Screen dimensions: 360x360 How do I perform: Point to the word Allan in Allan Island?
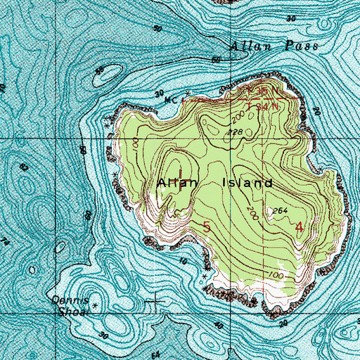coord(173,183)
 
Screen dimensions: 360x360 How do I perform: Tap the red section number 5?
coord(206,226)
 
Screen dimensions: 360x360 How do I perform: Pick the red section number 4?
coord(300,226)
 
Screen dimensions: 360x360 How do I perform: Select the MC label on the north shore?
coord(169,100)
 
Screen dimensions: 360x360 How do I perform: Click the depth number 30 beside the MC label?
coord(159,93)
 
